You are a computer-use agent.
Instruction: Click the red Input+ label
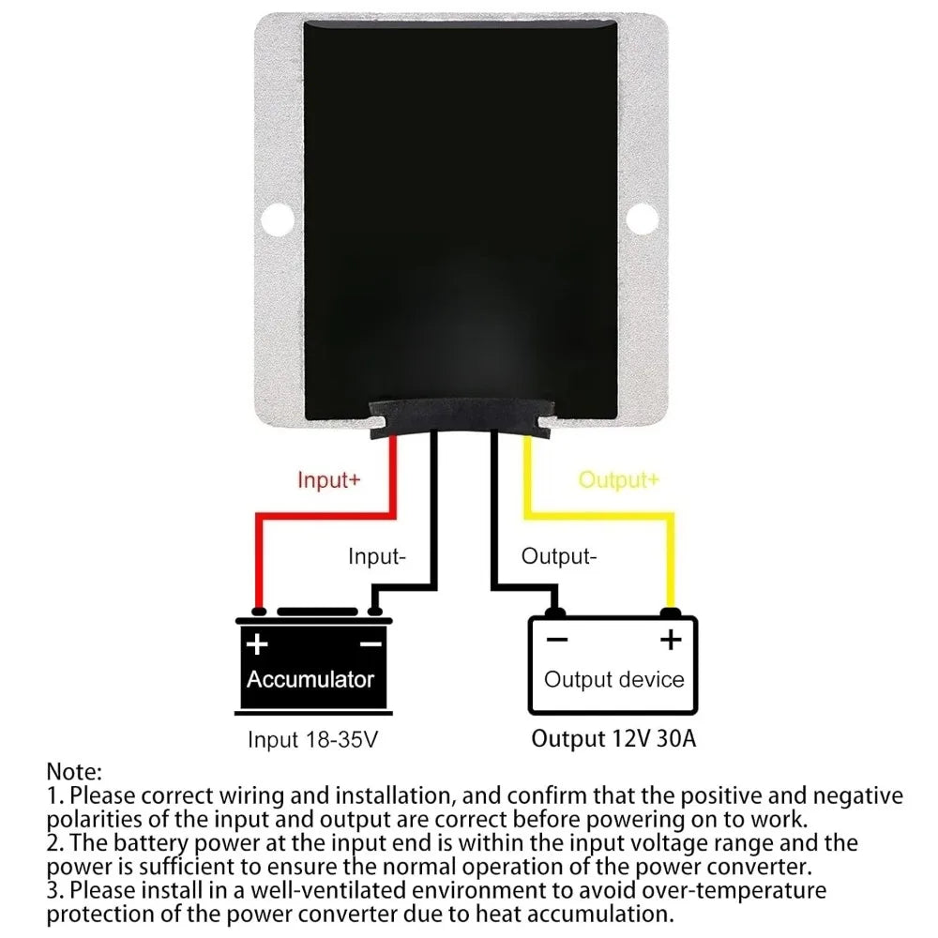click(329, 479)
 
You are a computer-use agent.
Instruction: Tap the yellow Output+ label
click(618, 479)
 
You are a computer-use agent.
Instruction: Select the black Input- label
click(377, 556)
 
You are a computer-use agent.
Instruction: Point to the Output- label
click(559, 556)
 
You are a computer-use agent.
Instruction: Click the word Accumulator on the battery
click(310, 679)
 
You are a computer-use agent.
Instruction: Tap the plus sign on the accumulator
click(257, 644)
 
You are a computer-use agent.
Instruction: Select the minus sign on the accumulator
click(371, 644)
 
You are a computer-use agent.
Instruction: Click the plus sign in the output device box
click(671, 640)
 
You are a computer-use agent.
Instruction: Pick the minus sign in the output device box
click(557, 640)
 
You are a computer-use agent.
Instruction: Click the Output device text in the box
click(613, 679)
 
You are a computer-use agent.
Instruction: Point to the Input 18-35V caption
click(313, 739)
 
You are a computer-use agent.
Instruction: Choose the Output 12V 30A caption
click(613, 739)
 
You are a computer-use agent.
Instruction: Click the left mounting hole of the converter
click(278, 219)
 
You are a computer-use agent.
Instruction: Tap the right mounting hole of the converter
click(643, 219)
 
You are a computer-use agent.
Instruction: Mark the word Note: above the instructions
click(74, 772)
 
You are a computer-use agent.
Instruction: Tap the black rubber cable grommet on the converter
click(461, 416)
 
